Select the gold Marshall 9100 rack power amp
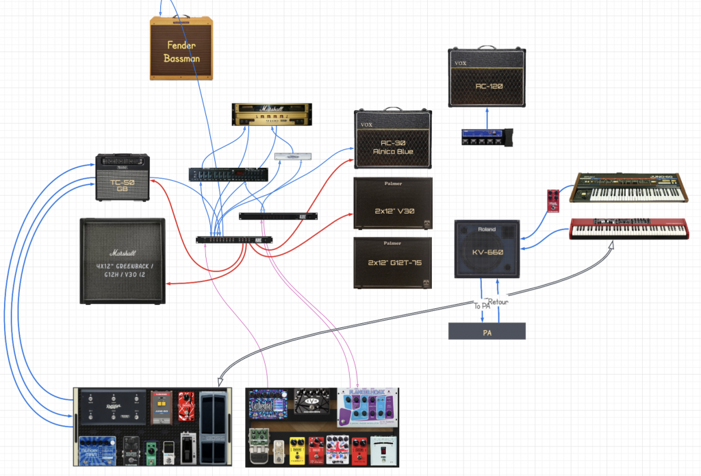click(272, 114)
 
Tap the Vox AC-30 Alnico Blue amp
click(393, 139)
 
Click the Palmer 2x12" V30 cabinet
click(393, 203)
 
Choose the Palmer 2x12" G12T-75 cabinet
click(393, 263)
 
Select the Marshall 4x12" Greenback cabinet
click(123, 261)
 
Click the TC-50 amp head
click(123, 177)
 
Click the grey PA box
click(487, 331)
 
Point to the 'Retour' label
click(498, 302)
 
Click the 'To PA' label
click(482, 306)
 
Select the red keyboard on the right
click(628, 228)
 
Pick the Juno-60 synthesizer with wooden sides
click(628, 187)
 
